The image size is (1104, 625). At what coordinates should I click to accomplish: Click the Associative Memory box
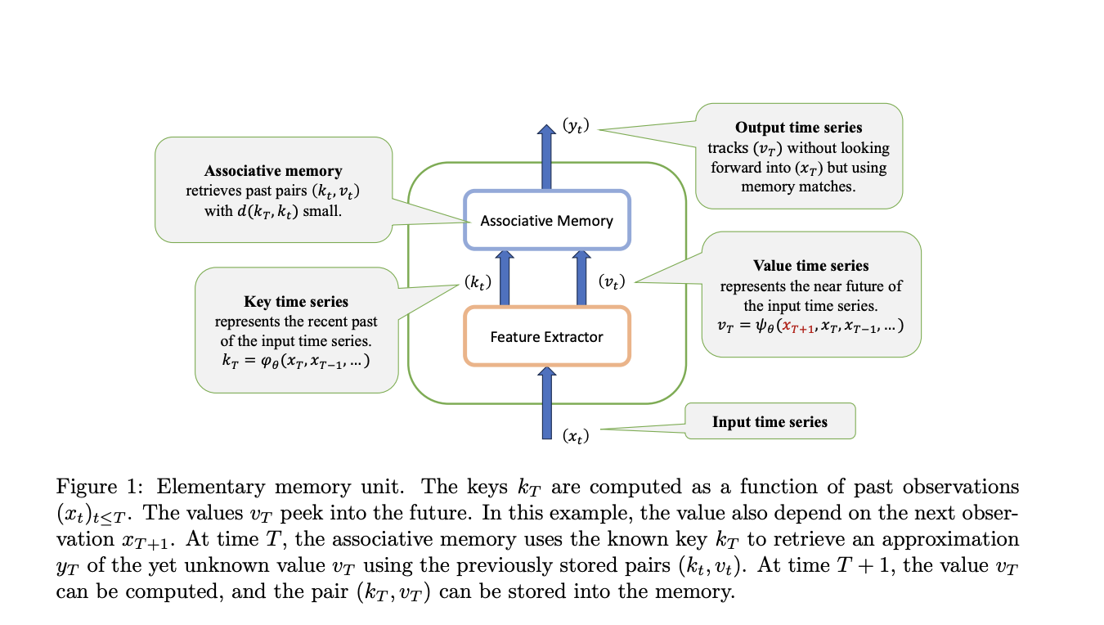coord(546,220)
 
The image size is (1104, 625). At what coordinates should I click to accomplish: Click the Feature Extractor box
coord(546,336)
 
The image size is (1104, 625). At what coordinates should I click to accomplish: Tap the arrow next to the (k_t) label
coord(505,278)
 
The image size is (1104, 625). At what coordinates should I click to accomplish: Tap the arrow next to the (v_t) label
coord(581,278)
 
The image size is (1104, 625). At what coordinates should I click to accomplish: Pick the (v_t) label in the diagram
coord(612,281)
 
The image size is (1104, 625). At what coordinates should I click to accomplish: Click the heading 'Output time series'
coord(798,128)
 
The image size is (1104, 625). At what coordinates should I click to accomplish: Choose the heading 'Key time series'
coord(296,302)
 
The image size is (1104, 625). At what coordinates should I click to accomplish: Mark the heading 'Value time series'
coord(810,266)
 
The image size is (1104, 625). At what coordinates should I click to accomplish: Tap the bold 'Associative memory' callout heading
coord(273,171)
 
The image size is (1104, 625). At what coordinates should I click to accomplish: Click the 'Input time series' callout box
coord(770,422)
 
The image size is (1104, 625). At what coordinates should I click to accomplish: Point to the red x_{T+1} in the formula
coord(798,326)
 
